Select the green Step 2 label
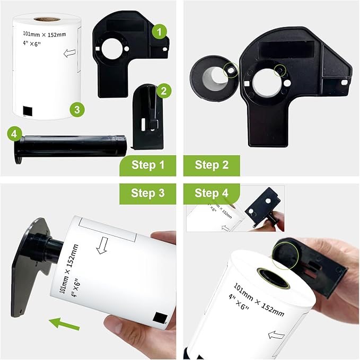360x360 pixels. coord(212,165)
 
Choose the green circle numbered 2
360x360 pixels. coord(163,91)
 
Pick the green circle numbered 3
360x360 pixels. coord(77,110)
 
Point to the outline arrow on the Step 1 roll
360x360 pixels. coord(68,53)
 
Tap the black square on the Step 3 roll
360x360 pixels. coord(159,318)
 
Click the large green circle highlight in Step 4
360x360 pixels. coord(284,253)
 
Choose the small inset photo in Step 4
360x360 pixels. coord(234,208)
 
